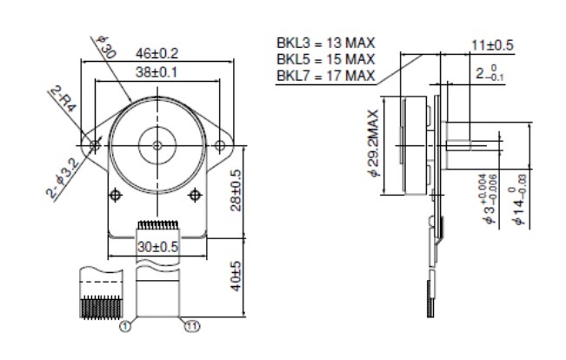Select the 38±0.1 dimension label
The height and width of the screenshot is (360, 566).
click(x=157, y=72)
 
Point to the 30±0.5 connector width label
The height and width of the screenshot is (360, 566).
click(x=157, y=246)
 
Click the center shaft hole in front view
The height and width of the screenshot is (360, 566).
click(x=157, y=144)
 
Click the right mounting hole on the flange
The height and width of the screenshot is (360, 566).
click(x=223, y=144)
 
